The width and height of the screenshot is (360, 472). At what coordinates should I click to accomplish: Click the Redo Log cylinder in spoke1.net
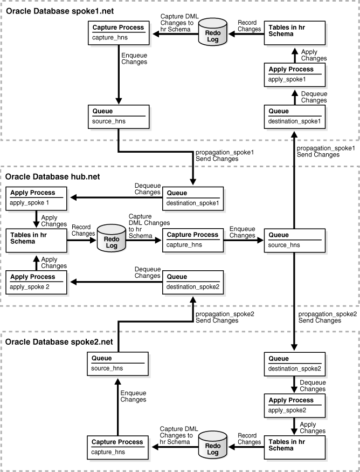coord(211,35)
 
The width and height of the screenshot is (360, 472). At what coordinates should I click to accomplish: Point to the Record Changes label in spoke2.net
coord(248,438)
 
